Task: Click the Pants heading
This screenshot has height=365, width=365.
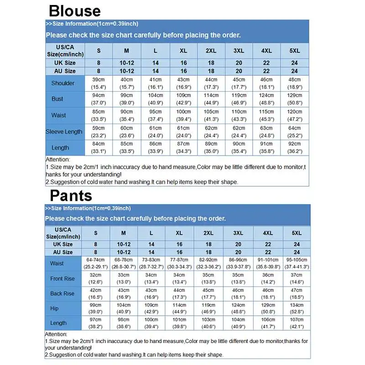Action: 71,196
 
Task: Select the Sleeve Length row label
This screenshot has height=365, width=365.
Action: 64,132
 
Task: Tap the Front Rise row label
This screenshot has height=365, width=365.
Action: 62,278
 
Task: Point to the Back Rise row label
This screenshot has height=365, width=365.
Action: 62,293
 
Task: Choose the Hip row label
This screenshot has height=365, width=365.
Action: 55,308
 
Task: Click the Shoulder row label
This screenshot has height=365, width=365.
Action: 63,83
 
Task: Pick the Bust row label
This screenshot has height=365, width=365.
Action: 57,99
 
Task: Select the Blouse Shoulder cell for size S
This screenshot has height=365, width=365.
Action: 99,83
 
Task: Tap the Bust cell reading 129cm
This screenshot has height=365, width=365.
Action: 295,99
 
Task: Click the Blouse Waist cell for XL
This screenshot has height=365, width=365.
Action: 183,115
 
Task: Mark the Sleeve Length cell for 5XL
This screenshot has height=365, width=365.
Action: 295,132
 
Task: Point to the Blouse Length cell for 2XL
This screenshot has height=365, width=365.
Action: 211,148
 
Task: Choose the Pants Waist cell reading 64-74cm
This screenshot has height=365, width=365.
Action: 95,263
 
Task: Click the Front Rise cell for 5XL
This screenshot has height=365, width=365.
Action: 297,278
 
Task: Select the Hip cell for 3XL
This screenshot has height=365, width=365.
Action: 238,308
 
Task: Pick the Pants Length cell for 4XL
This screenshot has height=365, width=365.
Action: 268,323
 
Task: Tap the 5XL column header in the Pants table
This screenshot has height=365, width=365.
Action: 297,233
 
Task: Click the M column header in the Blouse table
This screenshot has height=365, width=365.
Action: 127,51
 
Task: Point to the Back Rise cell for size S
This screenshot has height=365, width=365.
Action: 95,293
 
